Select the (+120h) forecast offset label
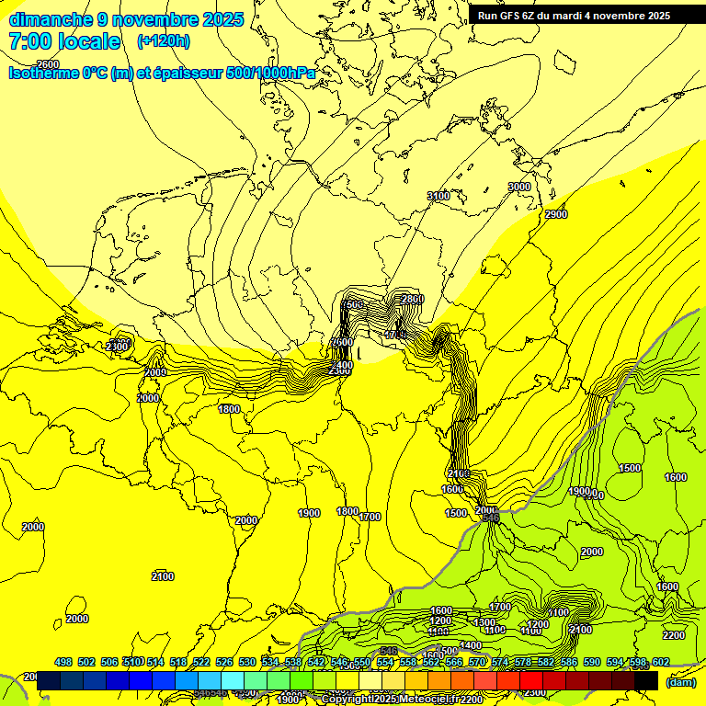coord(164,40)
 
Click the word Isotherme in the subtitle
coord(42,73)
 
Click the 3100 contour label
coord(438,196)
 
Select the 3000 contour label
coord(519,187)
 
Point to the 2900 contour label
coord(555,214)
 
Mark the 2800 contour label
coord(413,299)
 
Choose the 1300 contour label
coord(484,622)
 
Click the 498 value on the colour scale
coord(63,662)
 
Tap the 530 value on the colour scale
coord(247,662)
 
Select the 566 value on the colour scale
coord(454,662)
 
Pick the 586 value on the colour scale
coord(569,662)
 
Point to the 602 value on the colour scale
coord(660,662)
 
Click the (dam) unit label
coord(680,682)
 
